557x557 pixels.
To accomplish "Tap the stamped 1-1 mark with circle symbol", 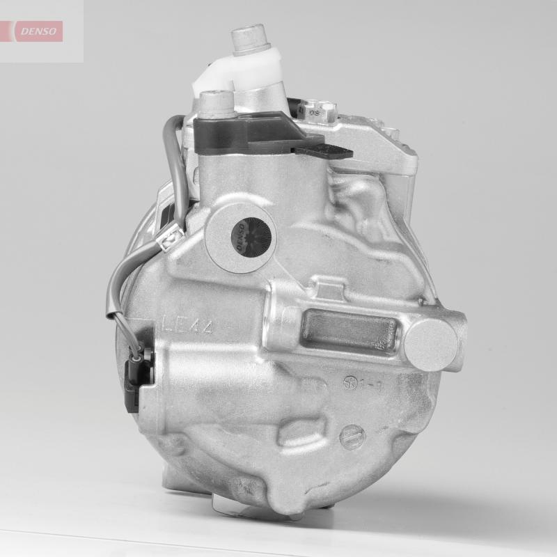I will click(x=361, y=384).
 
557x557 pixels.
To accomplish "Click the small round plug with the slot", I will click(x=354, y=436).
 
